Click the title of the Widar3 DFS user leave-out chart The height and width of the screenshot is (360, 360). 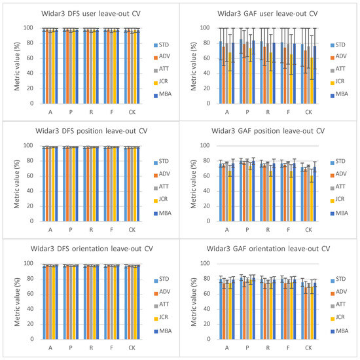click(90, 12)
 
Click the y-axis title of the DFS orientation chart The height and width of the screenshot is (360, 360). click(17, 301)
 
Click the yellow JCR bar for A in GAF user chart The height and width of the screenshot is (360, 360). click(231, 78)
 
